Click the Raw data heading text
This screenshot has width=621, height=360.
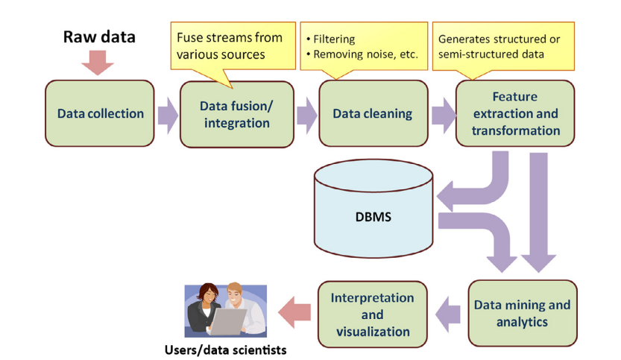(98, 37)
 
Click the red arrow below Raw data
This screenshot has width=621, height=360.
(98, 63)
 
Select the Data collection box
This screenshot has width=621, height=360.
(100, 114)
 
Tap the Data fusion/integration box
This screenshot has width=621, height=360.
(236, 114)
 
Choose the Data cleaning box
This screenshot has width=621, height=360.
(373, 114)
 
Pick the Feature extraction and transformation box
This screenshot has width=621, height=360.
(515, 113)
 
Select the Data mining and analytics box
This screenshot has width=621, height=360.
(522, 314)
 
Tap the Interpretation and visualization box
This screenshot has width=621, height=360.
(373, 314)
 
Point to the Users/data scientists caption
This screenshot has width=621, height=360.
(225, 349)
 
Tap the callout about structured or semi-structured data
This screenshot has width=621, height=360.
(499, 45)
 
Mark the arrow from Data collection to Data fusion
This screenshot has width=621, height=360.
(167, 115)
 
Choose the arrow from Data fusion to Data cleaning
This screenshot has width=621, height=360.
(306, 115)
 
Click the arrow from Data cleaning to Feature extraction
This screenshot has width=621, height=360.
(442, 115)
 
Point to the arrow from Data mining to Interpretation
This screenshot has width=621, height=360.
(447, 314)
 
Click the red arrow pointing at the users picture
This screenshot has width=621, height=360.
(294, 313)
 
